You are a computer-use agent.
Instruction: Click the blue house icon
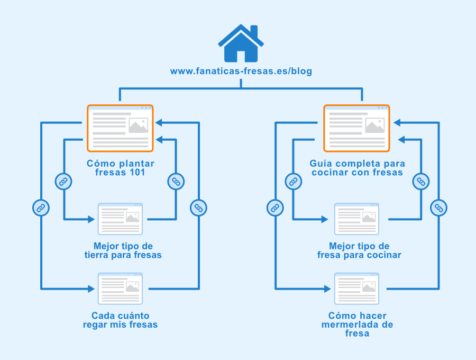[x=241, y=43]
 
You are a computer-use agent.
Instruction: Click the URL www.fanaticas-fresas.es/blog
[x=241, y=71]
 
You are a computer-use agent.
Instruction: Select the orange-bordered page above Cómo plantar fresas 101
[x=120, y=128]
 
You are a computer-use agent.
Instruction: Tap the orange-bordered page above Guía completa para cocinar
[x=356, y=128]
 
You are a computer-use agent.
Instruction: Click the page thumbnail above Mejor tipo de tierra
[x=120, y=219]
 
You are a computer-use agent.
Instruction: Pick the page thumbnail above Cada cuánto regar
[x=120, y=289]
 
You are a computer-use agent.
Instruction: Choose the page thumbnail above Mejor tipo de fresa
[x=356, y=219]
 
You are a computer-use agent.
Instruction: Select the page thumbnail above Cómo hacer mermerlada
[x=356, y=289]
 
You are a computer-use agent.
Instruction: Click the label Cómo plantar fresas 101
[x=121, y=168]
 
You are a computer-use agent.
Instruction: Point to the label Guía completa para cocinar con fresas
[x=358, y=168]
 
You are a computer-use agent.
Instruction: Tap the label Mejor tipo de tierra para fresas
[x=123, y=250]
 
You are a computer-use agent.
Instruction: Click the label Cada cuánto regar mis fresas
[x=120, y=320]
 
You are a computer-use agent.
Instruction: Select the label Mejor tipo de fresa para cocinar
[x=359, y=250]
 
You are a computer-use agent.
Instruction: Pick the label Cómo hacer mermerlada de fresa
[x=358, y=325]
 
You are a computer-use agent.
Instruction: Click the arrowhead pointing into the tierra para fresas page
[x=91, y=219]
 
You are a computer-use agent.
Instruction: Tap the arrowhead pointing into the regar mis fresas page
[x=91, y=289]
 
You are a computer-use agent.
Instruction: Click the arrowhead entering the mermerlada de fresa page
[x=327, y=289]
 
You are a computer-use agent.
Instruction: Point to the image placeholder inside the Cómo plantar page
[x=139, y=125]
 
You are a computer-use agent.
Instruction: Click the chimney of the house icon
[x=254, y=31]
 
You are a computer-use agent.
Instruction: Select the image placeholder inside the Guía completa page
[x=375, y=125]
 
